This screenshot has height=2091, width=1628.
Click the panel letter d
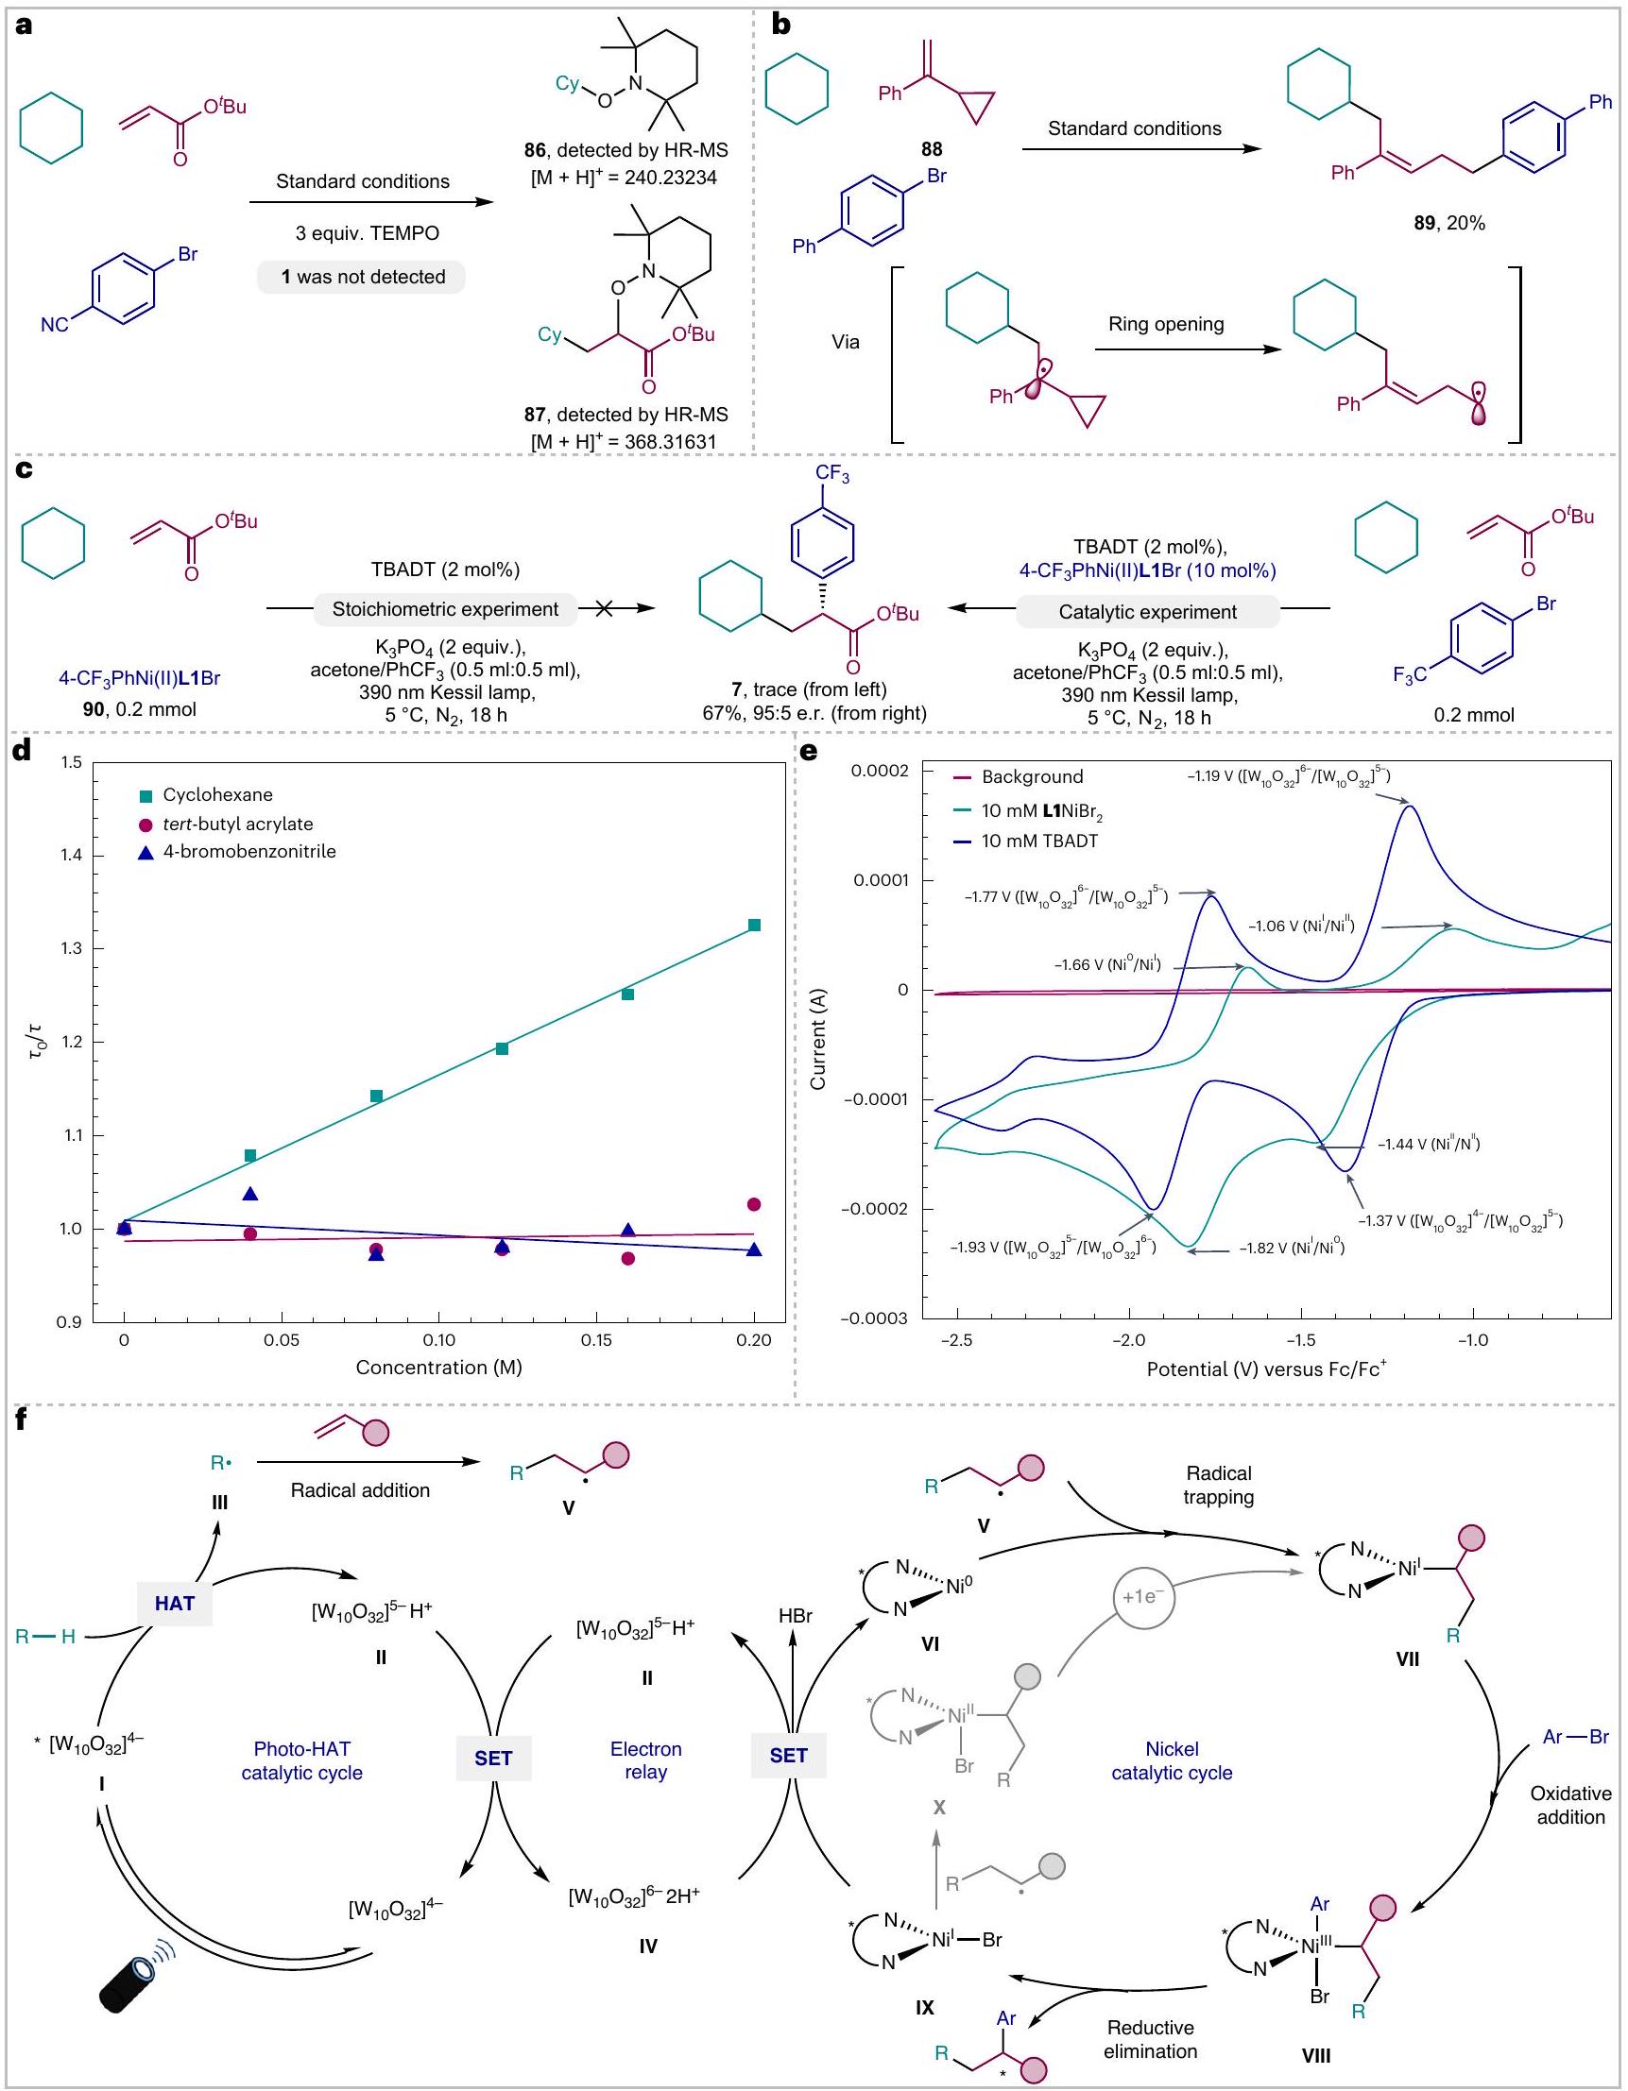tap(20, 751)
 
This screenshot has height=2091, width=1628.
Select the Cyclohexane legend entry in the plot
tap(216, 794)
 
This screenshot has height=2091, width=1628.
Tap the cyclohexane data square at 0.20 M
tap(754, 925)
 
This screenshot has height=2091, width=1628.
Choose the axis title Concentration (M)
tap(438, 1368)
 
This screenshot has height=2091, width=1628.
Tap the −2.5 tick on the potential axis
tap(956, 1340)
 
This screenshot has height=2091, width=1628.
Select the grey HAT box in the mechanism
tap(174, 1603)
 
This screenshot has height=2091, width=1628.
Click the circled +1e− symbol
tap(1143, 1597)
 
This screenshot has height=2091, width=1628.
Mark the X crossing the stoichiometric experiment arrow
tap(604, 609)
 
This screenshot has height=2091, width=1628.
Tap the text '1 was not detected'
tap(363, 277)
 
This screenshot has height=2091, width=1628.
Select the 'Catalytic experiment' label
tap(1147, 612)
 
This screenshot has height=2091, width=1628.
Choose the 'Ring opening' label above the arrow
tap(1165, 325)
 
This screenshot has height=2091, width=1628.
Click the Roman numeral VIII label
tap(1316, 2054)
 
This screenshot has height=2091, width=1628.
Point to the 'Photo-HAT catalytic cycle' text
tap(301, 1760)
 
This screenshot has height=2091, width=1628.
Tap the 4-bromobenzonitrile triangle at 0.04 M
tap(250, 1194)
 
